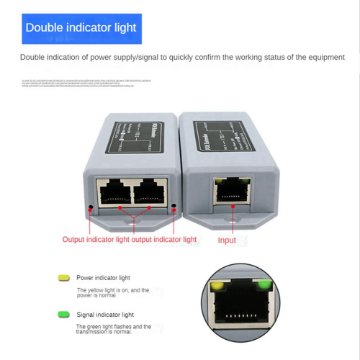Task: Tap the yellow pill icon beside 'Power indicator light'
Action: [63, 277]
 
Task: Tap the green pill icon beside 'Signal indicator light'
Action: [63, 315]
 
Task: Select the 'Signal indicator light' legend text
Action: [105, 315]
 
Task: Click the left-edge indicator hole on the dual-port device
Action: [90, 209]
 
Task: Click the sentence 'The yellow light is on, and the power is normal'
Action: [113, 294]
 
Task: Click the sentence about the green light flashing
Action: [113, 330]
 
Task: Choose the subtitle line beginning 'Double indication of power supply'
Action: [181, 57]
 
